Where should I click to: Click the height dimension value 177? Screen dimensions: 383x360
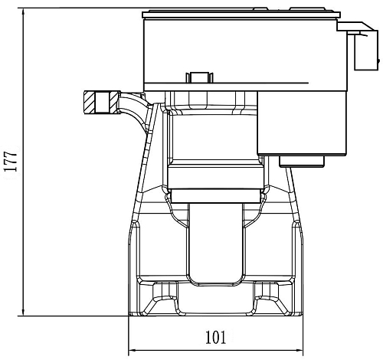tap(11, 162)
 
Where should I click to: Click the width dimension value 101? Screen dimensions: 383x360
tap(216, 338)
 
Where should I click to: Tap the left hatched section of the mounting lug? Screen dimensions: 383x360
tap(90, 103)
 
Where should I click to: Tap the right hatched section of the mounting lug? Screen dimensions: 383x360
tap(114, 103)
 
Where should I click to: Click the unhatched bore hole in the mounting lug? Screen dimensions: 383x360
tap(103, 103)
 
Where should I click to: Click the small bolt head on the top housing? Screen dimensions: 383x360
tap(199, 77)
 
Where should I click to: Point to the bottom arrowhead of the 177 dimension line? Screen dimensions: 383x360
tap(24, 311)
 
